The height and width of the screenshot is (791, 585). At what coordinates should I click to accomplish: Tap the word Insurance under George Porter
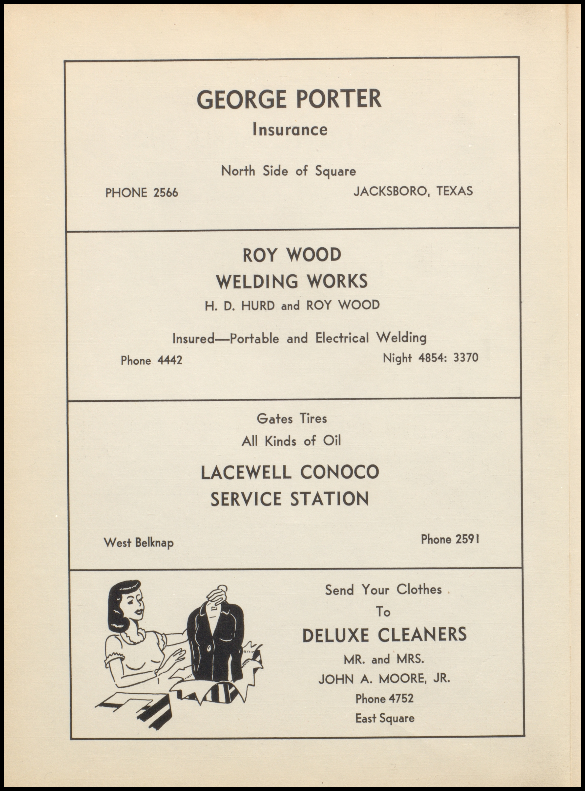click(x=290, y=130)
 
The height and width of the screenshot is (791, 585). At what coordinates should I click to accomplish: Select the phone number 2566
click(x=166, y=193)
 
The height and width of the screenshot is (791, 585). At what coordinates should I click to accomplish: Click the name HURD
click(x=258, y=305)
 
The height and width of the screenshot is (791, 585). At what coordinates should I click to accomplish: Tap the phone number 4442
click(x=170, y=360)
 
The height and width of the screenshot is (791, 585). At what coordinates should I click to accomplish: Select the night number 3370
click(x=466, y=357)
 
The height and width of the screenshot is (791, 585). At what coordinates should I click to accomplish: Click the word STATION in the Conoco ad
click(x=330, y=499)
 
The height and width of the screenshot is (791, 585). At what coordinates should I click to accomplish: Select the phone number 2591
click(x=467, y=540)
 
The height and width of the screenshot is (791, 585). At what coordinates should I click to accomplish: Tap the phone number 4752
click(x=401, y=698)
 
